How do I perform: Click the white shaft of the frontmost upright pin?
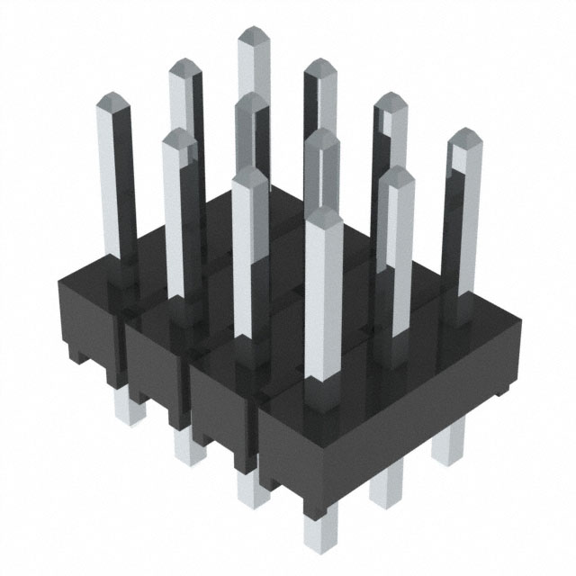(x=321, y=297)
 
